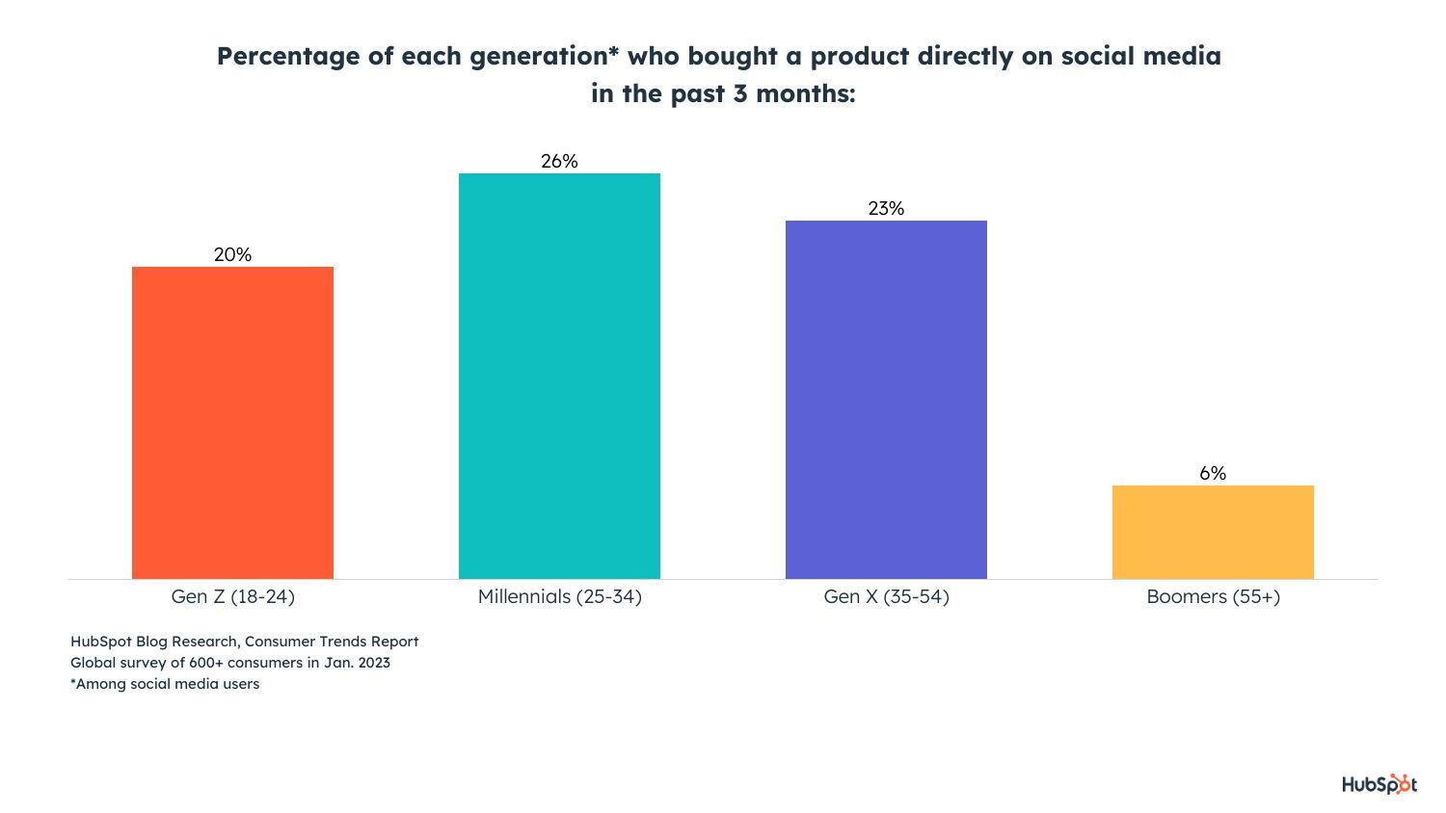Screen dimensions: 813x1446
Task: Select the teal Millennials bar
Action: (559, 376)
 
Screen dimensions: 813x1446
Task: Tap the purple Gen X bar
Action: (886, 399)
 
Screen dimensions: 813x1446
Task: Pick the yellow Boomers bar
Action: (1213, 532)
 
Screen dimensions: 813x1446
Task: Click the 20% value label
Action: (232, 254)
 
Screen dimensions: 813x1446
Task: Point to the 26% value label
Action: (559, 161)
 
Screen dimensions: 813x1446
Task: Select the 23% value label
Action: (886, 208)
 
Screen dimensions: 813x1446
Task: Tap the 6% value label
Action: (1213, 473)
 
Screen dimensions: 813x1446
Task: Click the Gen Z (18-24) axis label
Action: (232, 596)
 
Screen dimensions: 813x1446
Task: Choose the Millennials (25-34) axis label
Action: (559, 596)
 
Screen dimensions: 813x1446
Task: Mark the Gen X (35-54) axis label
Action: (886, 596)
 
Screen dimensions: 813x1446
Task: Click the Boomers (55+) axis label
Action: (1213, 596)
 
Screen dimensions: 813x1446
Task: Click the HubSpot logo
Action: (1379, 784)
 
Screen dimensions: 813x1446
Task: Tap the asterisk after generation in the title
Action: (613, 51)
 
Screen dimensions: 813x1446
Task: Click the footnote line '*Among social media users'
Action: (165, 684)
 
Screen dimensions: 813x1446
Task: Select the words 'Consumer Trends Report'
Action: (332, 642)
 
